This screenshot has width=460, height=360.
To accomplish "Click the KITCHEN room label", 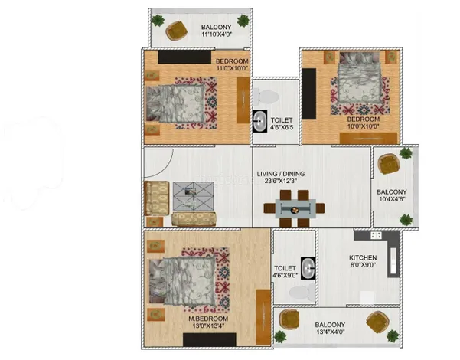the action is coord(363,257).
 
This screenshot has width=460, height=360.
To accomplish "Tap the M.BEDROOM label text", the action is coord(208,319).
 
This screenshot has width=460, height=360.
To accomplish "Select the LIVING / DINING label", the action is coord(281,174).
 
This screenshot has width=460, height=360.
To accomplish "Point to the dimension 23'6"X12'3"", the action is coord(281,181).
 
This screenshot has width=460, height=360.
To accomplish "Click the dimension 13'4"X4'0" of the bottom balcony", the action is coord(330,332).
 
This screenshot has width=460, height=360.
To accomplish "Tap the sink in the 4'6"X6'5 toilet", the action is coord(259,121).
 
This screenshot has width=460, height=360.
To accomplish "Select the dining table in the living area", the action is coord(295,209).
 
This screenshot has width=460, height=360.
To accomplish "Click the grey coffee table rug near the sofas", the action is coord(193,196).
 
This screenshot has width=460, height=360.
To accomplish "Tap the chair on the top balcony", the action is coord(177,30).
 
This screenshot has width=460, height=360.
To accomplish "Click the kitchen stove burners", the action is coord(376,235).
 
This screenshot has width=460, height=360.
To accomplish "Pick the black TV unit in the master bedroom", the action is coord(210,339).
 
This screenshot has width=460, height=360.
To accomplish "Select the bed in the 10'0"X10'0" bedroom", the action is coord(360,77).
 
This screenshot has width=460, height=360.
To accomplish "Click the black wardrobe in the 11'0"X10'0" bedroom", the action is coord(184,57).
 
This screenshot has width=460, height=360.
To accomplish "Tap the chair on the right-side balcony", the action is coord(388,164).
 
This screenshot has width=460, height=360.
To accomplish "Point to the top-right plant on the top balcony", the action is coord(243,21).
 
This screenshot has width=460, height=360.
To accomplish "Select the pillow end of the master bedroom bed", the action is coord(156,280).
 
